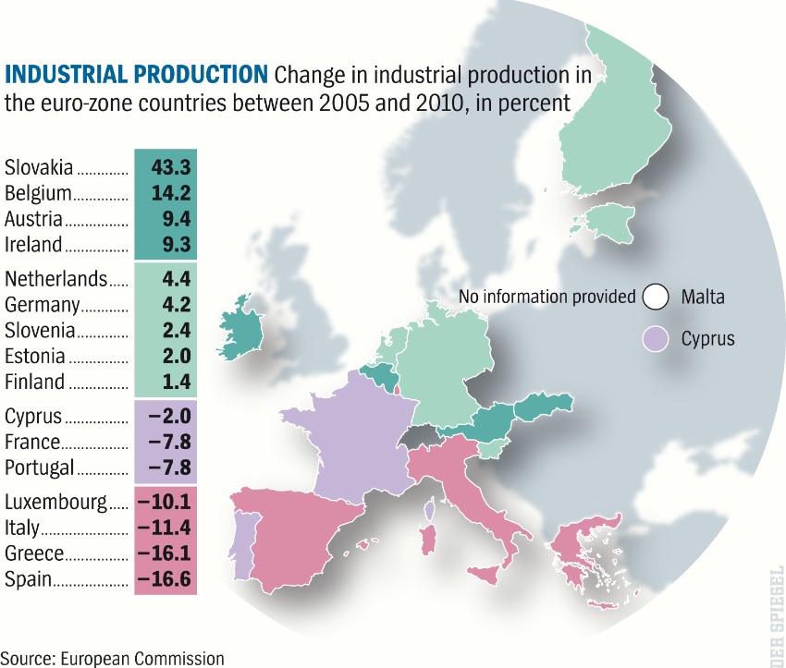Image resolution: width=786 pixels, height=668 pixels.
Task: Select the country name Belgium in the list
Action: (x=38, y=194)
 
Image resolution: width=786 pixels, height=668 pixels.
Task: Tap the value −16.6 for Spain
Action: (x=165, y=580)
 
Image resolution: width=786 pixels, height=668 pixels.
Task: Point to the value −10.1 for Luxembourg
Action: (x=165, y=503)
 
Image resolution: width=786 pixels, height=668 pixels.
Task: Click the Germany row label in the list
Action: (x=43, y=305)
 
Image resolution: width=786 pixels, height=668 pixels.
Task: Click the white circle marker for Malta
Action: (x=656, y=297)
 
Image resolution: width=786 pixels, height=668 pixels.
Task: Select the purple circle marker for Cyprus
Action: (x=656, y=339)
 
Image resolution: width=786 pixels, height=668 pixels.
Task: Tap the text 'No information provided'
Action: (x=547, y=297)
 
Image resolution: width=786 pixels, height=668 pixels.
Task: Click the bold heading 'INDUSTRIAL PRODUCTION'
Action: (x=137, y=74)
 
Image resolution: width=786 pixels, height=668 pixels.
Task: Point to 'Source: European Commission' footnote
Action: (x=113, y=658)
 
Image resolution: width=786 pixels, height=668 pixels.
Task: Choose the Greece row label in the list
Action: (x=34, y=554)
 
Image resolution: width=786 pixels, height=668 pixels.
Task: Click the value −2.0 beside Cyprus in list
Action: (x=168, y=417)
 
